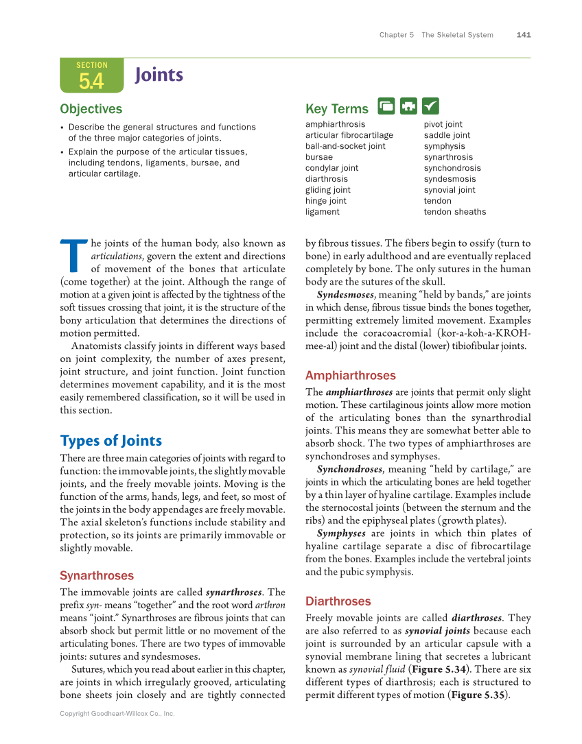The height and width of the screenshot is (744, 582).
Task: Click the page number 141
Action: [x=524, y=35]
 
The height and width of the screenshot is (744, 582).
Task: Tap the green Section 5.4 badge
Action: [x=91, y=76]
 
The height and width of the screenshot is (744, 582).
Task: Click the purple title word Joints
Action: [x=159, y=75]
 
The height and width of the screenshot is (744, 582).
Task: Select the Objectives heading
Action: [x=91, y=109]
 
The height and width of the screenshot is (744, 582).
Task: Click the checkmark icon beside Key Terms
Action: [x=430, y=106]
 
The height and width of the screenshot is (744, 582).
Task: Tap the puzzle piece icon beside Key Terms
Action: [x=408, y=106]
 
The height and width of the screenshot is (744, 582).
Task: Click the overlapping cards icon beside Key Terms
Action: [x=386, y=106]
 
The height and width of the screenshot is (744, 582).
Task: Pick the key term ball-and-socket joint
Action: [x=345, y=146]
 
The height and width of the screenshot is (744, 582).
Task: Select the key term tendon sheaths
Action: [x=454, y=212]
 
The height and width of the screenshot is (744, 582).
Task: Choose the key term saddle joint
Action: [x=447, y=135]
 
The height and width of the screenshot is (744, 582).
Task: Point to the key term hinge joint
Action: [x=326, y=201]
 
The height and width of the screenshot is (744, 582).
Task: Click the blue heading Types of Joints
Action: [x=111, y=440]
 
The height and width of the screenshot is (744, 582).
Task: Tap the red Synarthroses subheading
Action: [x=97, y=575]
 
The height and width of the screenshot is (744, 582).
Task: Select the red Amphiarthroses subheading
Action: [x=350, y=375]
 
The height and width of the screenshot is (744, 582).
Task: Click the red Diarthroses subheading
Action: [x=338, y=601]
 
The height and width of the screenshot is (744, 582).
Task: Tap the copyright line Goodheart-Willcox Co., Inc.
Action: [x=117, y=714]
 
